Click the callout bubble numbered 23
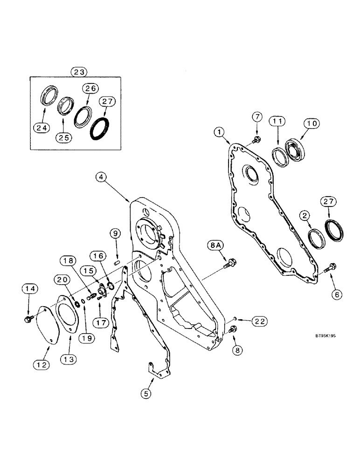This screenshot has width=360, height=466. (x=79, y=72)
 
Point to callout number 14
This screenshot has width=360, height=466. (x=28, y=289)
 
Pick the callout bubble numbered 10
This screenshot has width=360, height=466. (x=311, y=123)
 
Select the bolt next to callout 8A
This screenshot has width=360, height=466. (x=230, y=264)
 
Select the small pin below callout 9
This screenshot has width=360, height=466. (x=118, y=262)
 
